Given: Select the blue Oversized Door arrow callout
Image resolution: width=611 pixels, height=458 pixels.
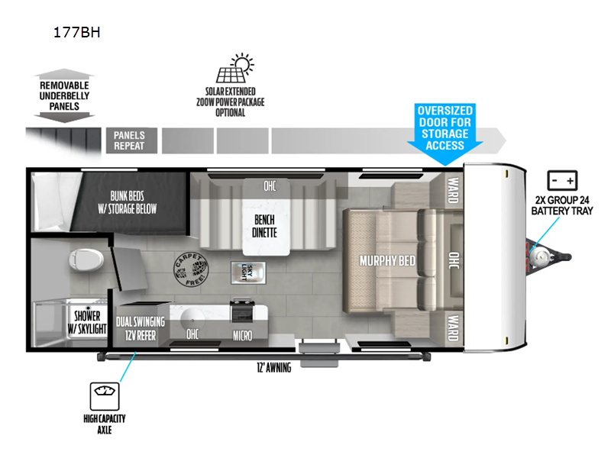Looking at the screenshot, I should pos(445,134).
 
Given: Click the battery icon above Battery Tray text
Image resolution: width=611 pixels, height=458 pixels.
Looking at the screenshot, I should pos(562,181).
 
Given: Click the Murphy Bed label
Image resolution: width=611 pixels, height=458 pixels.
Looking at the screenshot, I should pos(387,261).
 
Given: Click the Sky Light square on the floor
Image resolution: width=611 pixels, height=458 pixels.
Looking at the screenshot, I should pos(246,272).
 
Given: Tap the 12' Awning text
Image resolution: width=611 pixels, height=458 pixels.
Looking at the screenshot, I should pos(273,368).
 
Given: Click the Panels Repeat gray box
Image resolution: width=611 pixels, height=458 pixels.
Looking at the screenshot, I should pos(129,141).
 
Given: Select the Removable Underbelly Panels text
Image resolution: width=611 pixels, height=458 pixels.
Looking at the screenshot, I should pos(65,96).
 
